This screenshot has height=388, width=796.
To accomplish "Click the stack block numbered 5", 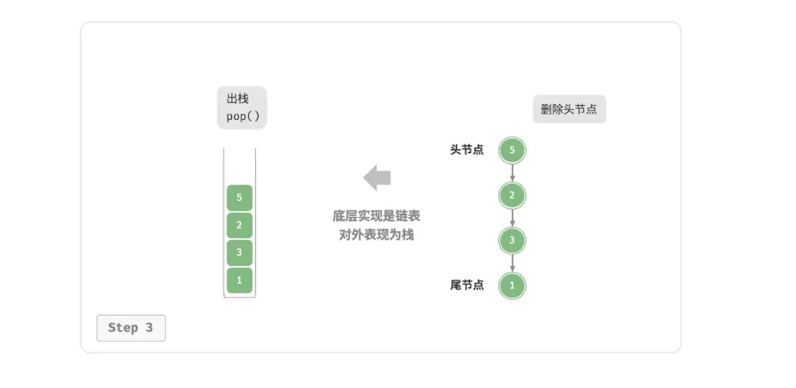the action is point(239,198).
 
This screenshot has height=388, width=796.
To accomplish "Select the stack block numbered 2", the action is point(239,226).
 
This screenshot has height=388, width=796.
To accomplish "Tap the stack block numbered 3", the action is point(239,253).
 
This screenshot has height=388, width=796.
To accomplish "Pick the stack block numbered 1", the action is point(239,280).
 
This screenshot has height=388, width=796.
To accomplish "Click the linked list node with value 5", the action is point(512,150).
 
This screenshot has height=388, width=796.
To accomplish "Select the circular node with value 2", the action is point(512,196).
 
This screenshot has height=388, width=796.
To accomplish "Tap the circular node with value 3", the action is point(512,240).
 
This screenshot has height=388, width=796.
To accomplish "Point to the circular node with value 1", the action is point(512,285).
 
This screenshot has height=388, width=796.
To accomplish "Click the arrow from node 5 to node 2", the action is point(512,173).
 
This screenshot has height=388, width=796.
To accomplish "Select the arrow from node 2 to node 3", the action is point(512,219).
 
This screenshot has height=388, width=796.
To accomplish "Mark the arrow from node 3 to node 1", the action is point(512,263).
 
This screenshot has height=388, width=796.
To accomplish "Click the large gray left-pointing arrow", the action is point(377,178).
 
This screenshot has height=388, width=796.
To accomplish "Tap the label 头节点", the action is point(467,150).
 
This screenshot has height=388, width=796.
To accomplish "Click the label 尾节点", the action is point(467,285).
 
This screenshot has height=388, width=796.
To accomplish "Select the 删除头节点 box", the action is point(569,109).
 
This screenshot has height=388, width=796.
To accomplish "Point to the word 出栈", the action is point(237,98).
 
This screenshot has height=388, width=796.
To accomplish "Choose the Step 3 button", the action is point(131,328).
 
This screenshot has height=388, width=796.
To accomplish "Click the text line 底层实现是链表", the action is point(376,216).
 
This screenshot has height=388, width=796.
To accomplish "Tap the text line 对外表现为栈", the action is point(376,235).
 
